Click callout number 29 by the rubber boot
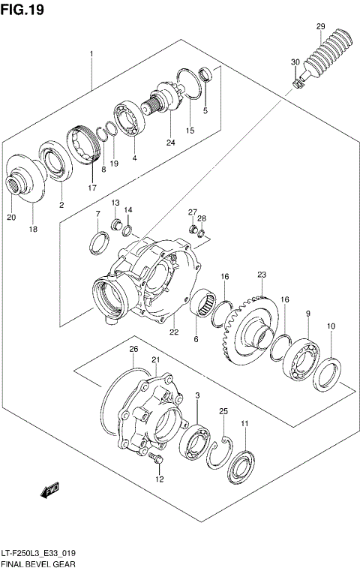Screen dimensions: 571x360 320,28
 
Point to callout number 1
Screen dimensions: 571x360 91,54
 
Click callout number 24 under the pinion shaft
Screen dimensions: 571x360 170,143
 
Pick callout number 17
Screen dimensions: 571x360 91,188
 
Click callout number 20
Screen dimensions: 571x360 10,218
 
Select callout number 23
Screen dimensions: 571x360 262,274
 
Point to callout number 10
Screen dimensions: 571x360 331,326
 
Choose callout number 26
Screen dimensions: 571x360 133,349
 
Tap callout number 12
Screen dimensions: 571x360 159,479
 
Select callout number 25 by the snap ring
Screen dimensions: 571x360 223,411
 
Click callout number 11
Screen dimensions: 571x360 244,425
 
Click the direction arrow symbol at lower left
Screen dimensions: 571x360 50,491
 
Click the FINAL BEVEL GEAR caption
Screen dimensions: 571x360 37,562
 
